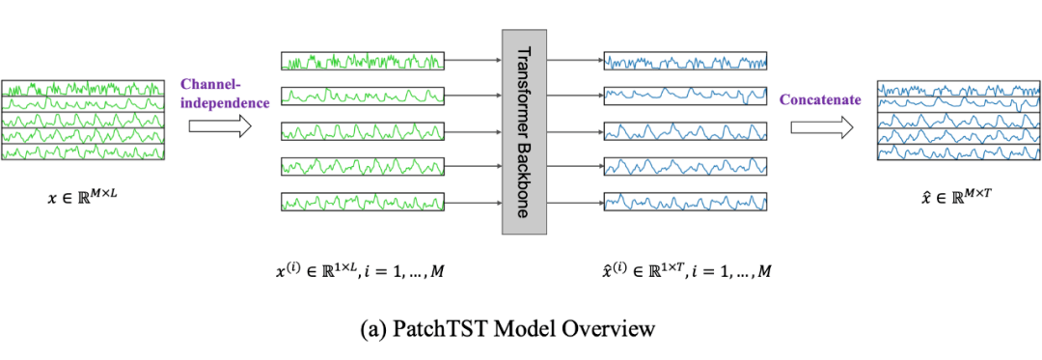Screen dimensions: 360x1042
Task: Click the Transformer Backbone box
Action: pos(525,130)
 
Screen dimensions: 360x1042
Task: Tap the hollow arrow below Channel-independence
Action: pos(220,125)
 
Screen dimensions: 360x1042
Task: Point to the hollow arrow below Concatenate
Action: pos(821,126)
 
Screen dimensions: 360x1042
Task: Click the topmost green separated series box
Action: pos(363,61)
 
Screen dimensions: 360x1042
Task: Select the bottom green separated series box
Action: pos(363,202)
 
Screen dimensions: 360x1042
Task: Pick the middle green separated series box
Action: pos(363,131)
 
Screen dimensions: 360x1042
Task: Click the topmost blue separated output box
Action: pos(684,61)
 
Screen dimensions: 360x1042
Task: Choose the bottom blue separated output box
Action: pos(684,202)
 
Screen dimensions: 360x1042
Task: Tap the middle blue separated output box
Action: pos(684,131)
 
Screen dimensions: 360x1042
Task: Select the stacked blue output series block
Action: pos(957,121)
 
